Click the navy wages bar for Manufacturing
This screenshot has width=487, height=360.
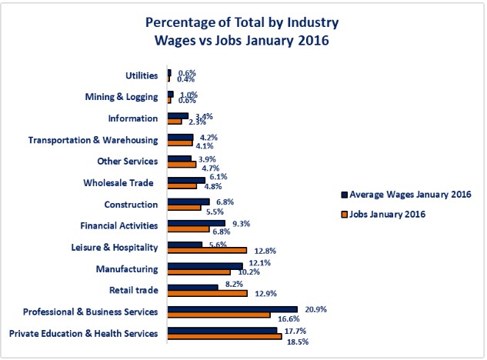tap(205, 266)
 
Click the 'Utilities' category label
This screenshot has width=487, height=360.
tap(142, 75)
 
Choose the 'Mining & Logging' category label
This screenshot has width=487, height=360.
tap(123, 97)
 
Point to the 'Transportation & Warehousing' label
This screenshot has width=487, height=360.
tap(93, 140)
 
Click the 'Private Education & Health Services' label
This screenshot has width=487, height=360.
tap(83, 333)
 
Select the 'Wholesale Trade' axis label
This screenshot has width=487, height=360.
tap(120, 183)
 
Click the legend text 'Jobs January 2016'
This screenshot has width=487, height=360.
tap(388, 213)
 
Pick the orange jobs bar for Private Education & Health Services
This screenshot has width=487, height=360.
tap(225, 336)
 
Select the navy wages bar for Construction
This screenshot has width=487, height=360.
tap(188, 202)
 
